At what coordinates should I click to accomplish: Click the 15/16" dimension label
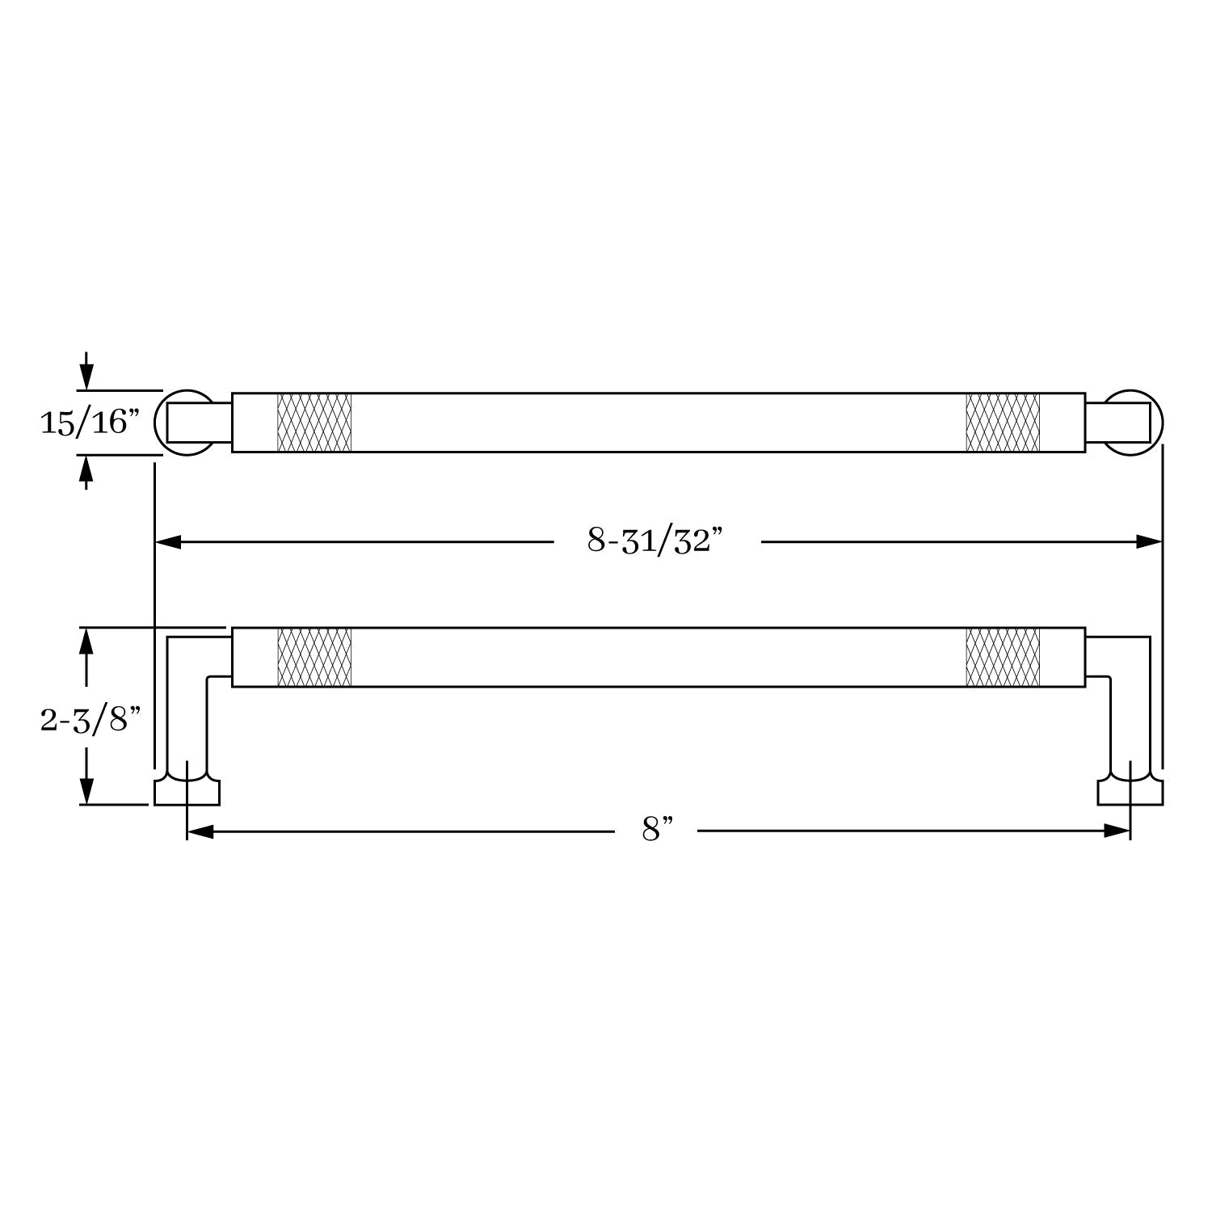coord(90,422)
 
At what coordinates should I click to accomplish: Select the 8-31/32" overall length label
coord(654,541)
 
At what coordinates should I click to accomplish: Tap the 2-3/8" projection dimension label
coord(90,719)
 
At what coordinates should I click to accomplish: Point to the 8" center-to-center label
coord(658,830)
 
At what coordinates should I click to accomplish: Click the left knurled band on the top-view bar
coord(314,423)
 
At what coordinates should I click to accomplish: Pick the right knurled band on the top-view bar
coord(1003,423)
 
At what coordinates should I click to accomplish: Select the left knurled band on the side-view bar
coord(314,657)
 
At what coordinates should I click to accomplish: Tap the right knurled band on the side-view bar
coord(1003,657)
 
